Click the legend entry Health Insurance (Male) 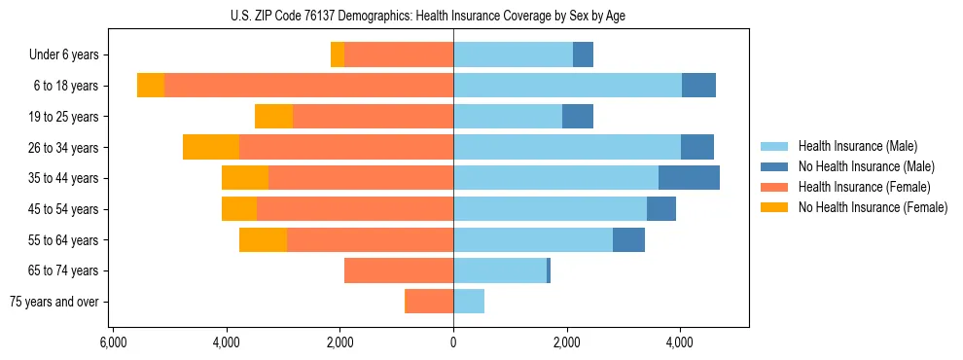pyautogui.click(x=851, y=146)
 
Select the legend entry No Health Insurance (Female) pyautogui.click(x=872, y=207)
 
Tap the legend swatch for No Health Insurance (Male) pyautogui.click(x=774, y=166)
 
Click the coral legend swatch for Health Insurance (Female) pyautogui.click(x=774, y=187)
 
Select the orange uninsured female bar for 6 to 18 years pyautogui.click(x=151, y=86)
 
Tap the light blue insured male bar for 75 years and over pyautogui.click(x=469, y=302)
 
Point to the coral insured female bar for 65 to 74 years pyautogui.click(x=399, y=270)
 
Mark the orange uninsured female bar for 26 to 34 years pyautogui.click(x=211, y=147)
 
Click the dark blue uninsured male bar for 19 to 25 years pyautogui.click(x=578, y=117)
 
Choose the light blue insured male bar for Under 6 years pyautogui.click(x=513, y=55)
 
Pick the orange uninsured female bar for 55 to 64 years pyautogui.click(x=263, y=239)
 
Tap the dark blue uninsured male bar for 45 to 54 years pyautogui.click(x=661, y=209)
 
